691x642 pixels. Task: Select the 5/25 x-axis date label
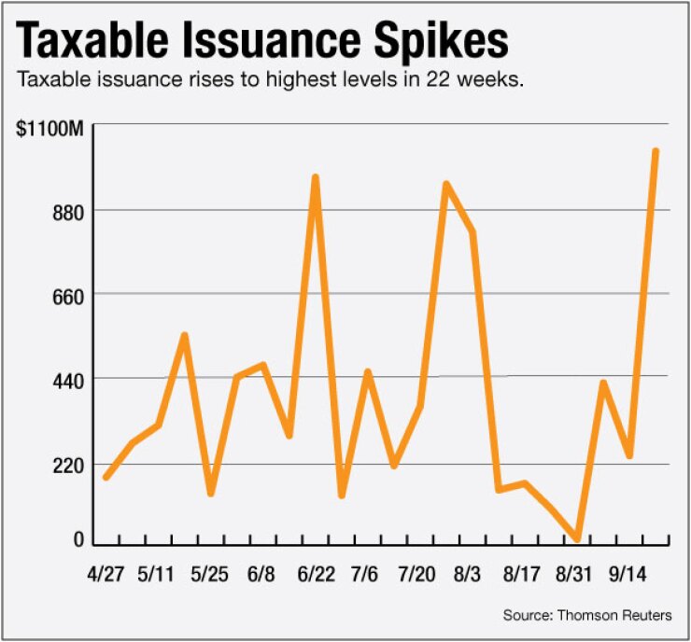[211, 572]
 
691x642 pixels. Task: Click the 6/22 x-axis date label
[317, 572]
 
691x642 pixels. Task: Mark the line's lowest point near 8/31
[578, 538]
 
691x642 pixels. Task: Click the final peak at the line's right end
[656, 150]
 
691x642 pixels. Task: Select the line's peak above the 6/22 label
[316, 176]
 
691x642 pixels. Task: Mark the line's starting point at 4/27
[106, 477]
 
